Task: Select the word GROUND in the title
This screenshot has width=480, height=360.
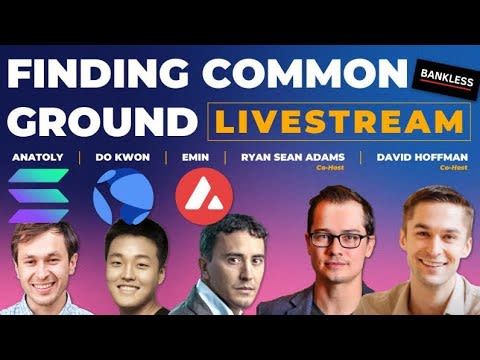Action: coord(100,120)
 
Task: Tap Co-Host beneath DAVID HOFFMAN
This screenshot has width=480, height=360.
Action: coord(452,168)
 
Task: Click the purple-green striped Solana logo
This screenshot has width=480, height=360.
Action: coord(38,196)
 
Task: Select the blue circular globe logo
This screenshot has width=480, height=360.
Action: coord(122,196)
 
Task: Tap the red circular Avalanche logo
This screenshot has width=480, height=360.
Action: coord(197,195)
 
